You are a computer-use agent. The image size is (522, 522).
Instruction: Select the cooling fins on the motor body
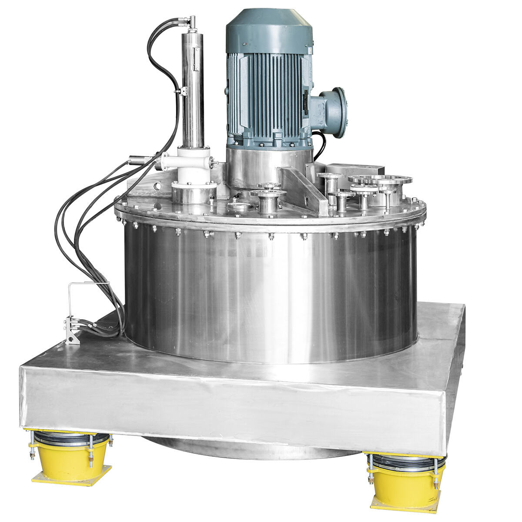coord(265,96)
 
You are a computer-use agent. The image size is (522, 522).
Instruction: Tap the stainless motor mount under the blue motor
coord(269,165)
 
